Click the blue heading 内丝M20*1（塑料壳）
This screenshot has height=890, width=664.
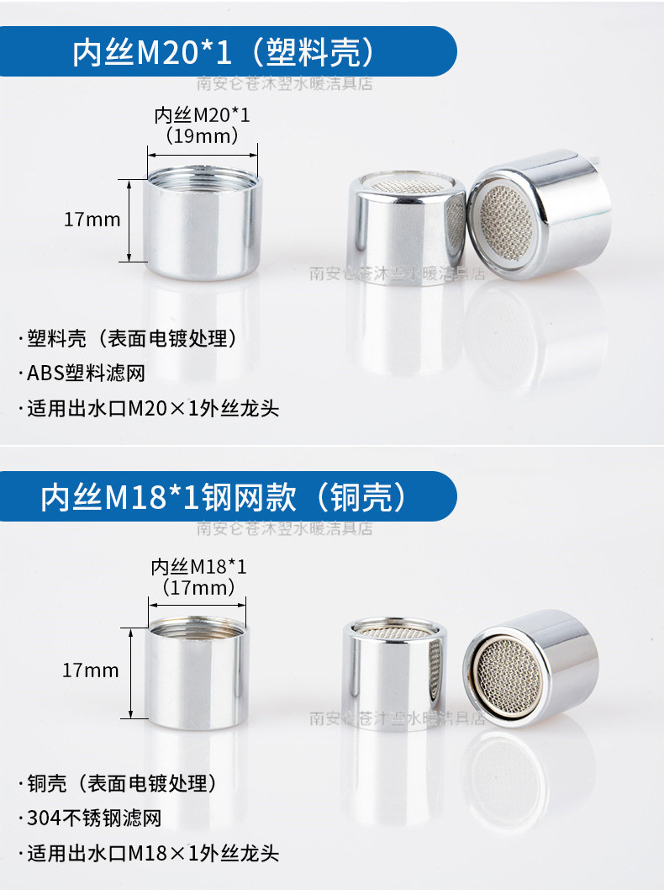pos(223,53)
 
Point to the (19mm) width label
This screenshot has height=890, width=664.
pos(202,135)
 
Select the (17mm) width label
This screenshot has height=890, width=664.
pos(198,587)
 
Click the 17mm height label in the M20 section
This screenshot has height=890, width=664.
pos(92,220)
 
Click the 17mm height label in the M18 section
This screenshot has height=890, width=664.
pos(91,670)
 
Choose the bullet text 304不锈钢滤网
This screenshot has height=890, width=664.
pos(93,818)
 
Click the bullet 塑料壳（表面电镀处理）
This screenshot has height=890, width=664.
pos(126,340)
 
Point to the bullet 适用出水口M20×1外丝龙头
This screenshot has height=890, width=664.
pos(152,410)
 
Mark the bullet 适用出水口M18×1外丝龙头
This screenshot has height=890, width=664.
pos(152,853)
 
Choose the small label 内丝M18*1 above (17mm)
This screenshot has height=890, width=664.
pos(198,567)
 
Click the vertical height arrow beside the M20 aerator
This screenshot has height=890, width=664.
pos(129,220)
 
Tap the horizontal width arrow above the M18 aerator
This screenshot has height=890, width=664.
pos(198,602)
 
